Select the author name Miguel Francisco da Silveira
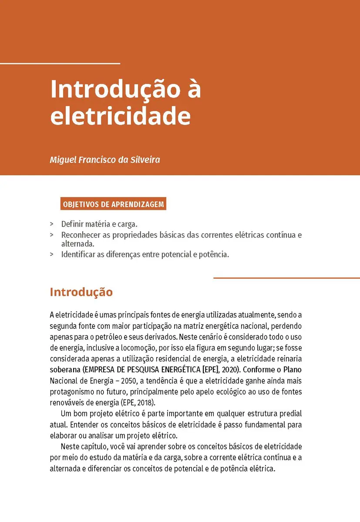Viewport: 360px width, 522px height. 105,160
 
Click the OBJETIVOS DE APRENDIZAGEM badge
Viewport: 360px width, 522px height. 113,204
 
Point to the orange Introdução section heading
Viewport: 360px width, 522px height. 81,292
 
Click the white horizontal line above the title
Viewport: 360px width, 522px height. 60,64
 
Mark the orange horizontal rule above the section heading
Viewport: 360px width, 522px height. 286,278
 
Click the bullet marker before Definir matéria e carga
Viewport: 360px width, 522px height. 52,224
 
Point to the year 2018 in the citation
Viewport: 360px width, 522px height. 145,402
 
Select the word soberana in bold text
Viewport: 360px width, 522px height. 65,370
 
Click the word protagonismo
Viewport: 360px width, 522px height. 71,391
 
